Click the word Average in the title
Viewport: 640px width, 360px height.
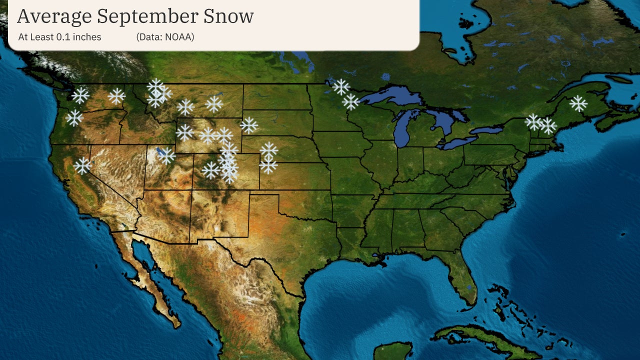(x=54, y=16)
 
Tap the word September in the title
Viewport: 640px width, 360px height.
(x=147, y=16)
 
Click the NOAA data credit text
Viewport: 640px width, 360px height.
(x=165, y=37)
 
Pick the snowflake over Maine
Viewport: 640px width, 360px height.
(x=578, y=103)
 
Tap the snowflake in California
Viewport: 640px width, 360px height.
(x=82, y=165)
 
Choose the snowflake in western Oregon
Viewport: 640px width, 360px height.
(x=74, y=118)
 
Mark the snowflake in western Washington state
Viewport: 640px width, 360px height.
(x=80, y=95)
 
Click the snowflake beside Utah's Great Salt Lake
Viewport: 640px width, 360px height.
(x=166, y=156)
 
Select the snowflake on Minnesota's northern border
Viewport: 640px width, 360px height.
(x=341, y=87)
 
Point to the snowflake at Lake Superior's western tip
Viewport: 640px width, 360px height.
(x=351, y=102)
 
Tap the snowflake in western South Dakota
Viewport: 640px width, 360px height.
(x=249, y=125)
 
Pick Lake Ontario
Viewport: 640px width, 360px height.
(x=487, y=130)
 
